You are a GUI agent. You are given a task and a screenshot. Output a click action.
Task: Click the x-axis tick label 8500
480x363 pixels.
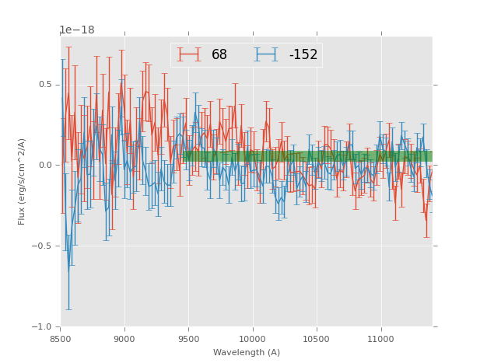(61, 339)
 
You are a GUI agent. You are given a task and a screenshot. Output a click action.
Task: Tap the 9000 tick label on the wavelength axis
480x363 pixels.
(124, 339)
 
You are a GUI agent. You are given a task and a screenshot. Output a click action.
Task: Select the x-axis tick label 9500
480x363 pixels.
(188, 339)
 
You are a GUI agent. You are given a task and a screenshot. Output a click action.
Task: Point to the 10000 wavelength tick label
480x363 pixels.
(252, 339)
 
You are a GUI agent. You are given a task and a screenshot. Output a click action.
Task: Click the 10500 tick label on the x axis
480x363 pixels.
(317, 339)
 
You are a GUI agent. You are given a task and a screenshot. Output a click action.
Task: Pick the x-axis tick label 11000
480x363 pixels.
(380, 339)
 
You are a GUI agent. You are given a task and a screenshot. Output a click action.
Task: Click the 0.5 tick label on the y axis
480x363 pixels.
(46, 85)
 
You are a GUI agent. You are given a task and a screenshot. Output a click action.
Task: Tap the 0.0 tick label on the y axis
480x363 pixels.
(46, 166)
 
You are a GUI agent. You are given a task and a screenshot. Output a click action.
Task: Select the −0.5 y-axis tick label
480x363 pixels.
(44, 246)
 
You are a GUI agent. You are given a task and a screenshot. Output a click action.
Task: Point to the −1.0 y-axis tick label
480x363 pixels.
(44, 327)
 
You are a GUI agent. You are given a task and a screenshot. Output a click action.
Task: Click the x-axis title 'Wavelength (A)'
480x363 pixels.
(247, 352)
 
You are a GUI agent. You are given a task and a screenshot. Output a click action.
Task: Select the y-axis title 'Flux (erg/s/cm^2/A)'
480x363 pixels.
(23, 181)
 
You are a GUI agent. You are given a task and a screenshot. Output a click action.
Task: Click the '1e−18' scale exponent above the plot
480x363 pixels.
(77, 30)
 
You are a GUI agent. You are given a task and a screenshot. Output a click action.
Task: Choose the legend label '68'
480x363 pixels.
(219, 55)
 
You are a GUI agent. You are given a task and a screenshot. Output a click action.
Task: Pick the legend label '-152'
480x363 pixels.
(303, 55)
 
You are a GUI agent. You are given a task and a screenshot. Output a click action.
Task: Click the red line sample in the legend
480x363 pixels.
(188, 54)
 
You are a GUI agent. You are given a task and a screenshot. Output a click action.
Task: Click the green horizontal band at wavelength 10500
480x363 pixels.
(317, 156)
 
